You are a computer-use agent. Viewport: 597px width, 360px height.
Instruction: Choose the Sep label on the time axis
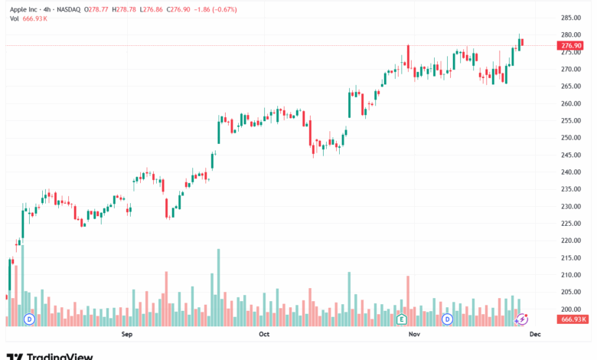click(x=127, y=335)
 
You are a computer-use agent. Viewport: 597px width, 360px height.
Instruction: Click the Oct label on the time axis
click(x=264, y=335)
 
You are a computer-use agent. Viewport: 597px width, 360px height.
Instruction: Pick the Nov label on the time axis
click(x=414, y=335)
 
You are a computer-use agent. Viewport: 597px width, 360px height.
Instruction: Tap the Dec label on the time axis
click(x=536, y=335)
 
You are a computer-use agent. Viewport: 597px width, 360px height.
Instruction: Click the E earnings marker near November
click(x=401, y=319)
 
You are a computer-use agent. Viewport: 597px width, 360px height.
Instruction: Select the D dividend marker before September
click(x=30, y=319)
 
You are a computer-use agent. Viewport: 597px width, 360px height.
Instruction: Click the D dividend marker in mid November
click(x=447, y=319)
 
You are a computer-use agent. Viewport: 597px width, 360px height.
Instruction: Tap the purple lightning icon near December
click(x=521, y=319)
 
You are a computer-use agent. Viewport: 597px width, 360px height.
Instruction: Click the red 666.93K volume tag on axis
click(x=573, y=319)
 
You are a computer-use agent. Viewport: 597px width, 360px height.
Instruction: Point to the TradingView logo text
click(x=60, y=355)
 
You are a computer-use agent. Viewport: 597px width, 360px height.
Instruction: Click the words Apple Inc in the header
click(x=28, y=10)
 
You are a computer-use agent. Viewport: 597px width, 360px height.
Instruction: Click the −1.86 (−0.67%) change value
click(x=214, y=10)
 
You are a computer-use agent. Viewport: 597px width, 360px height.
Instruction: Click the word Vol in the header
click(x=15, y=18)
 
